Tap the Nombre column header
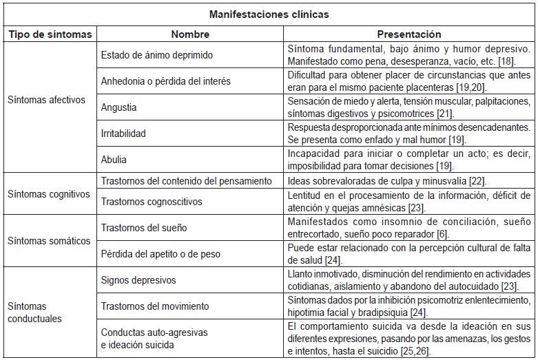click(x=190, y=34)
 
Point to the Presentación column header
click(x=409, y=34)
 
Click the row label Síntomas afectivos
click(x=46, y=100)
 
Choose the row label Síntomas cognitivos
click(x=48, y=194)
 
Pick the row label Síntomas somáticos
click(x=48, y=241)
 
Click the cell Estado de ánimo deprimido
click(x=157, y=55)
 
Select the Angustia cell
click(x=118, y=107)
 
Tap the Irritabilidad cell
click(x=124, y=134)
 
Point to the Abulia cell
click(x=114, y=160)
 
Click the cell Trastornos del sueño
click(x=143, y=227)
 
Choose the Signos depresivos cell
click(x=138, y=280)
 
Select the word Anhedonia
click(x=123, y=81)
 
